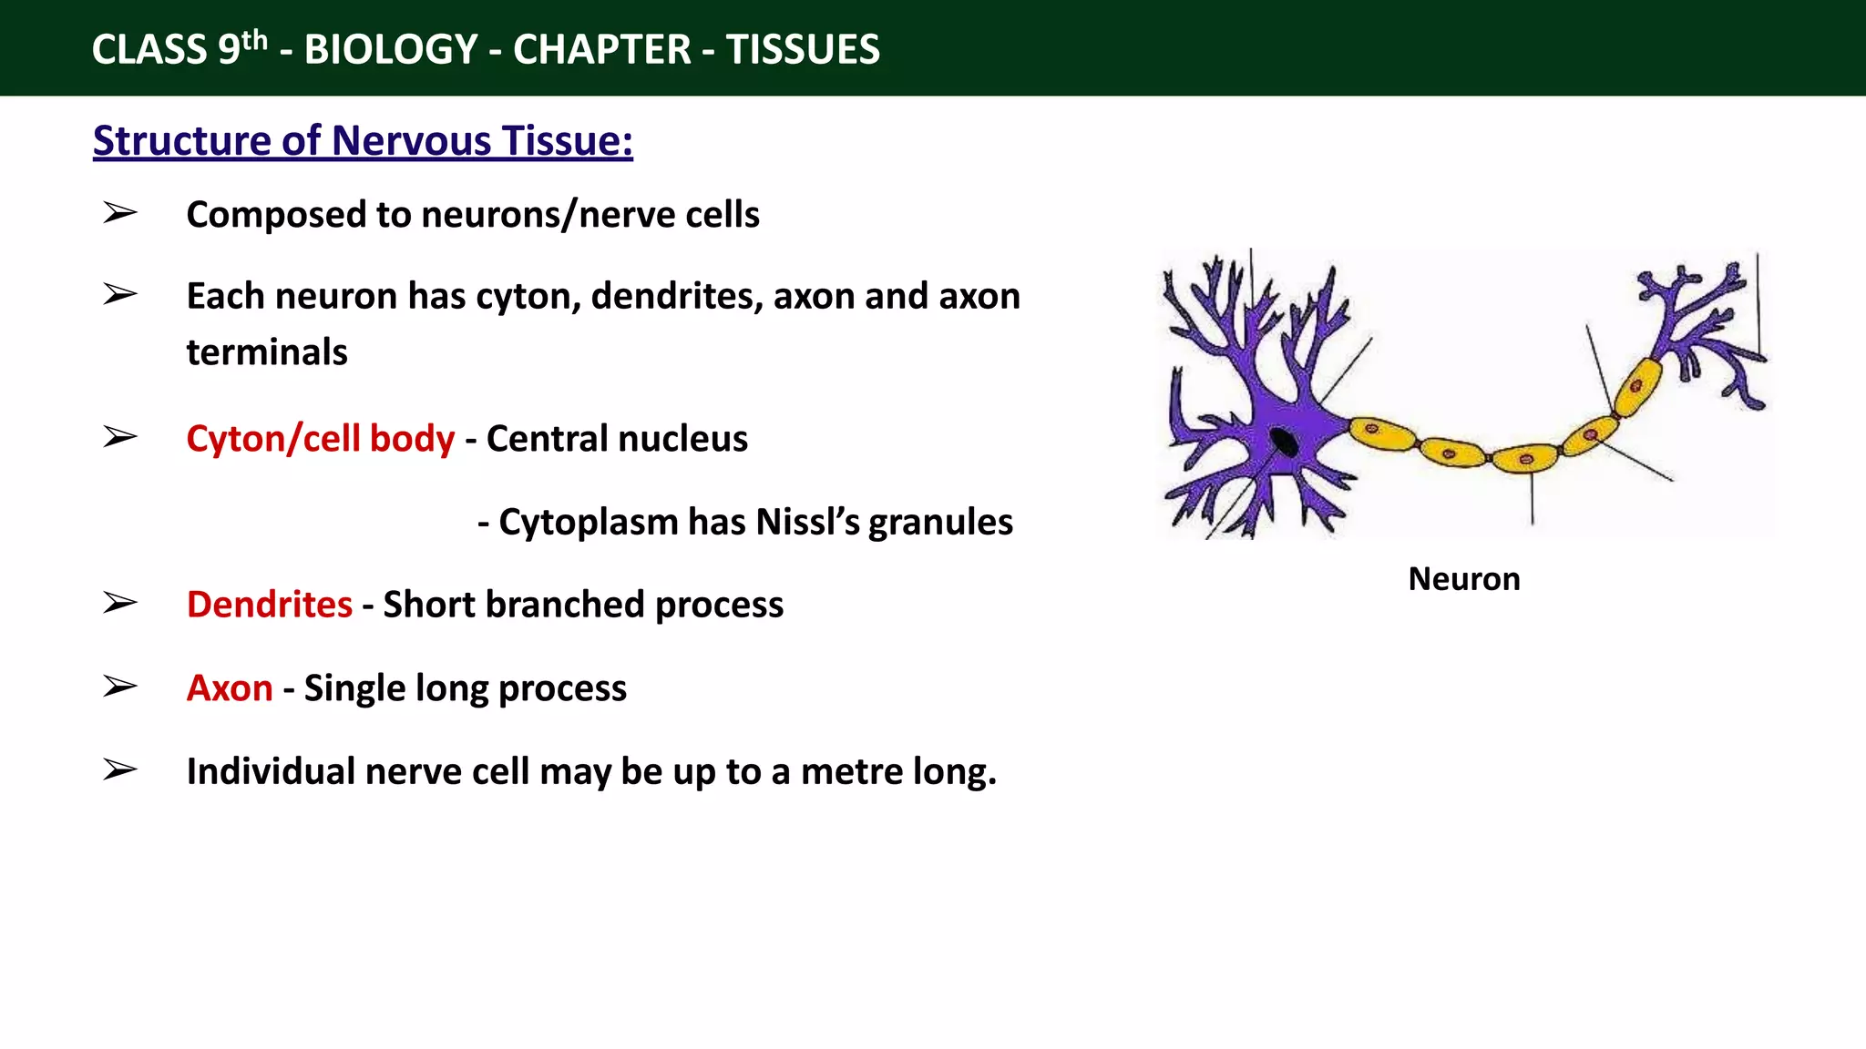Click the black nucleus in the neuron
click(1284, 442)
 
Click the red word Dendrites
click(269, 605)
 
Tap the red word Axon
click(230, 688)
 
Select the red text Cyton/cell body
click(320, 439)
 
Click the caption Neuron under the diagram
click(1463, 579)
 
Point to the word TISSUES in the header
click(803, 49)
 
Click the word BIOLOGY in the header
click(391, 49)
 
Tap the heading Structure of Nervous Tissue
click(363, 141)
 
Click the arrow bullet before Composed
click(119, 213)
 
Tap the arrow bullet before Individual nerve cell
click(119, 770)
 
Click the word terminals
click(267, 352)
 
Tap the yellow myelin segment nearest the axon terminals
click(1637, 386)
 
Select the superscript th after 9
click(255, 39)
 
